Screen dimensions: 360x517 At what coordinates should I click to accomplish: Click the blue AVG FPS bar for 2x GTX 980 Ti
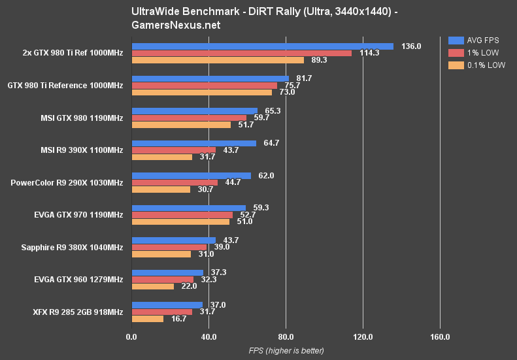[x=262, y=46]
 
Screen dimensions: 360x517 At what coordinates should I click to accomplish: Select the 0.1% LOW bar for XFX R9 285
[x=148, y=319]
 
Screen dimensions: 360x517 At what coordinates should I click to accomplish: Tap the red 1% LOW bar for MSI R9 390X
[x=174, y=150]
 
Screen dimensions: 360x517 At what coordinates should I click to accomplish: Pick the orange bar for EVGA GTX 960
[x=153, y=286]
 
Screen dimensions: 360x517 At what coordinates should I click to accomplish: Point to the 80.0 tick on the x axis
[x=286, y=337]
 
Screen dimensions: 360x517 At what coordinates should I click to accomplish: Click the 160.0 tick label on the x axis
[x=440, y=337]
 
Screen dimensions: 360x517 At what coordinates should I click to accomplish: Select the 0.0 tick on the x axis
[x=131, y=337]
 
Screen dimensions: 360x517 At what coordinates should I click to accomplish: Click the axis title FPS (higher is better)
[x=286, y=351]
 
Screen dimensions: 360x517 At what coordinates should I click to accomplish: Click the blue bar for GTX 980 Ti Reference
[x=210, y=78]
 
